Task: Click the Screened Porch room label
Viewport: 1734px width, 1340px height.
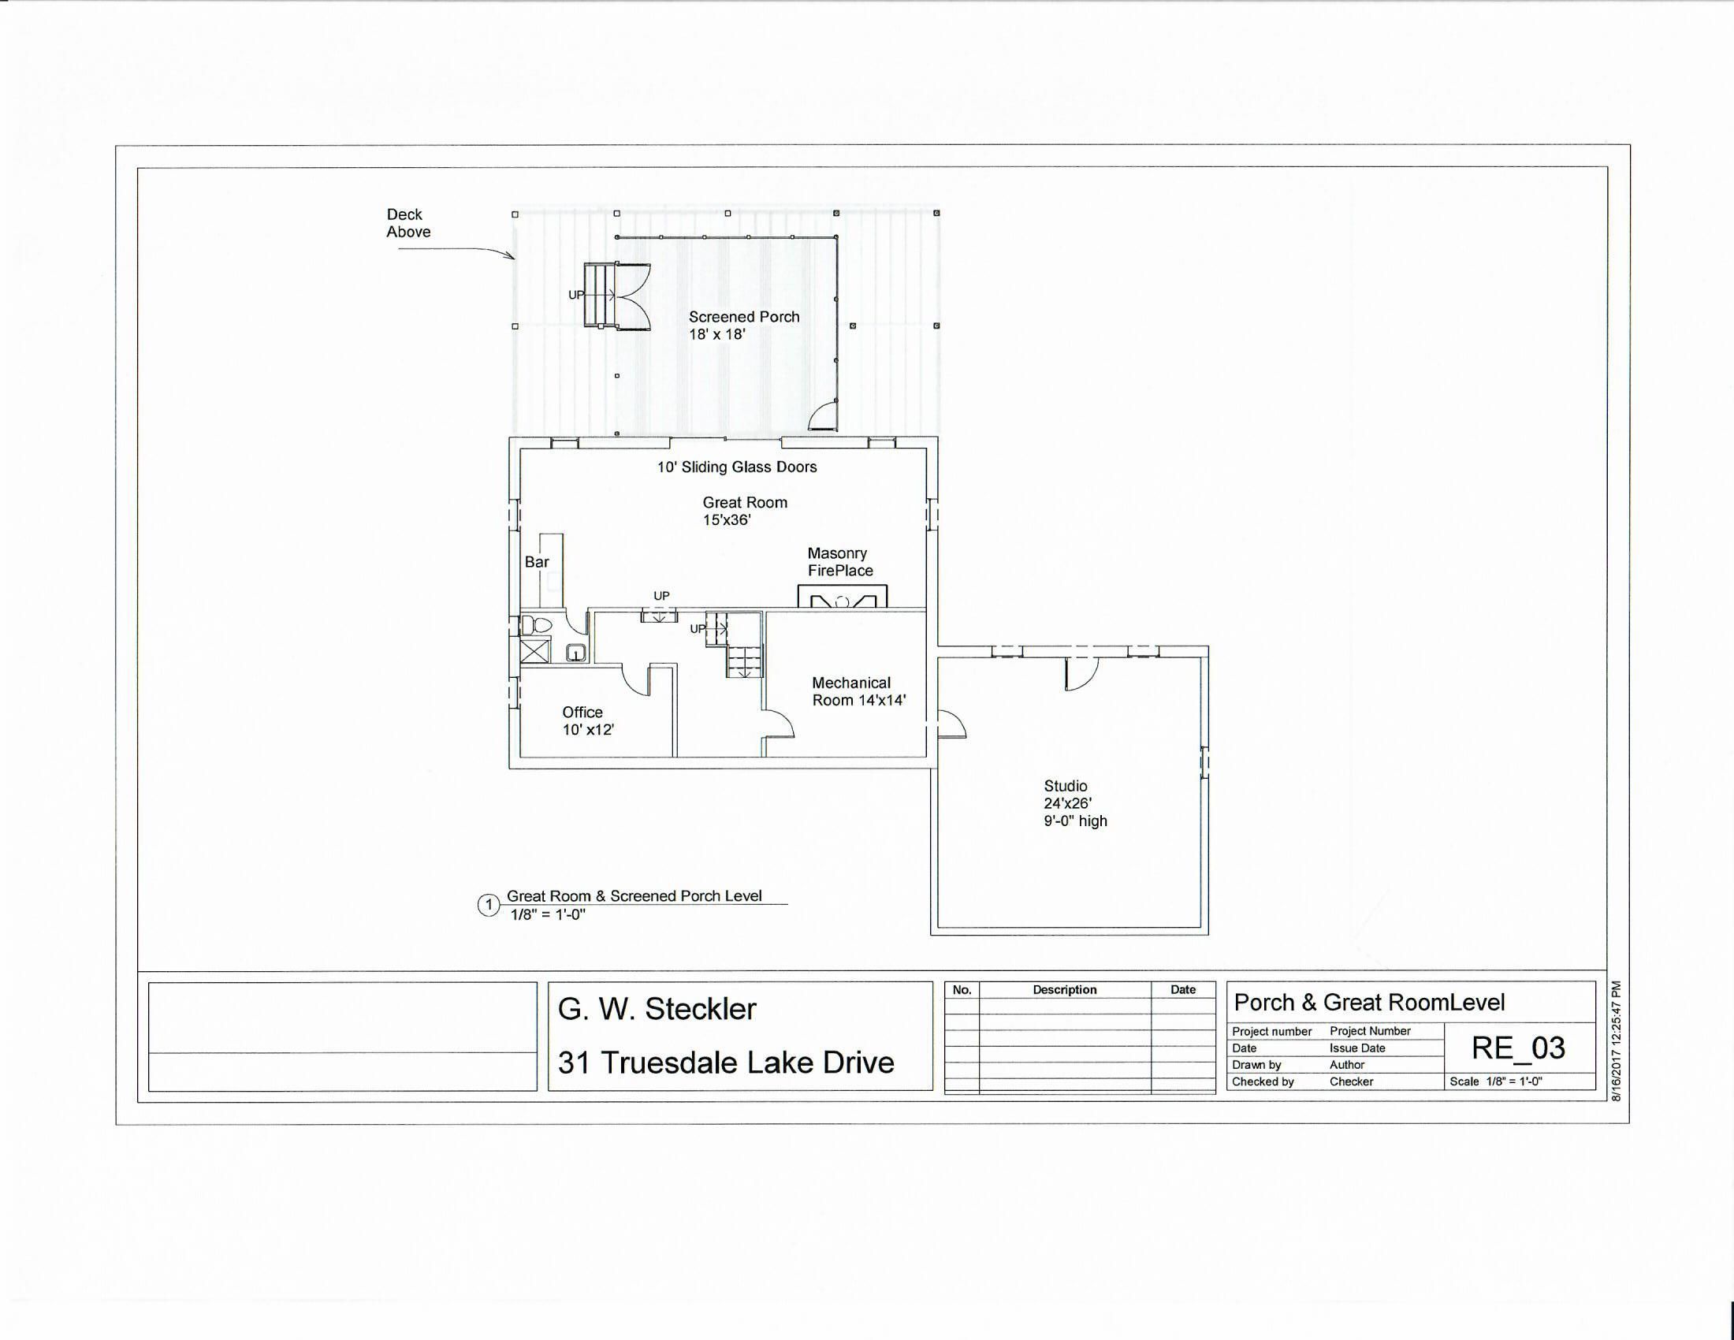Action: pyautogui.click(x=744, y=326)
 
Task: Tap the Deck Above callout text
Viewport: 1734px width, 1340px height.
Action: pyautogui.click(x=408, y=223)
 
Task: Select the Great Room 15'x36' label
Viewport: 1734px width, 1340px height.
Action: pyautogui.click(x=745, y=512)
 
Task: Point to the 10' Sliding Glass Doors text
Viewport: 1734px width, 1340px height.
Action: pyautogui.click(x=737, y=467)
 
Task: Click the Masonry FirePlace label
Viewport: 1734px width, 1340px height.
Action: pyautogui.click(x=840, y=562)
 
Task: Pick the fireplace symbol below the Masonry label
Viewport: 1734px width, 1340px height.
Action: pyautogui.click(x=843, y=597)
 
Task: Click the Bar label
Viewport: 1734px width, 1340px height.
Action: pyautogui.click(x=537, y=562)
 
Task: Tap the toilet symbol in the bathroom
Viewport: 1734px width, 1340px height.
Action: pyautogui.click(x=537, y=625)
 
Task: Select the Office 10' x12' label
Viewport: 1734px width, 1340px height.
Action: pyautogui.click(x=587, y=720)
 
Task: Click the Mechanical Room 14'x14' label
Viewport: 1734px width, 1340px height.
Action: pyautogui.click(x=858, y=691)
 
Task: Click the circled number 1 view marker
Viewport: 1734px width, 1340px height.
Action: pyautogui.click(x=489, y=905)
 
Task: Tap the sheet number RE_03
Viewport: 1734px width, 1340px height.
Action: pyautogui.click(x=1518, y=1048)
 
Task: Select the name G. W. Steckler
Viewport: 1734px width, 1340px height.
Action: pyautogui.click(x=657, y=1009)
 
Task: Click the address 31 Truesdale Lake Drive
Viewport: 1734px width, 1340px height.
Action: pyautogui.click(x=726, y=1063)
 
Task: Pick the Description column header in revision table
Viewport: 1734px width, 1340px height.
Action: pyautogui.click(x=1065, y=990)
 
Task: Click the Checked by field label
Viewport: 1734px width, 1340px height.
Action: pyautogui.click(x=1263, y=1082)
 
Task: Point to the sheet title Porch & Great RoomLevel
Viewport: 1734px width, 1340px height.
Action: pyautogui.click(x=1369, y=1003)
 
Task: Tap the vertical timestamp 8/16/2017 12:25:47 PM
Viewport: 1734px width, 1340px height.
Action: pyautogui.click(x=1616, y=1040)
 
